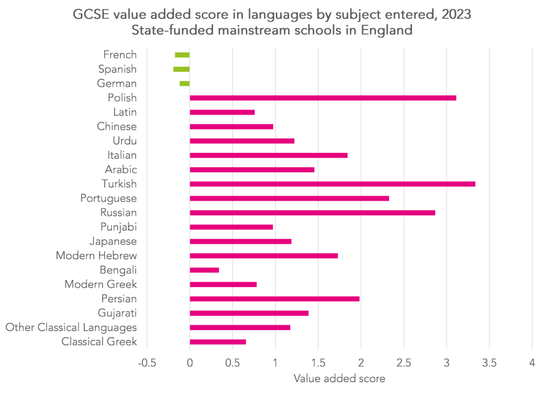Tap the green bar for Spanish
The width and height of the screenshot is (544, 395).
(182, 69)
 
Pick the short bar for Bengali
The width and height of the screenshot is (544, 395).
(204, 270)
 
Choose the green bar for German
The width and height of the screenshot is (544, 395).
(185, 83)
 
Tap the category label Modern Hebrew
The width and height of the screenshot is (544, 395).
(96, 256)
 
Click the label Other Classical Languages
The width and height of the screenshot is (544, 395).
(71, 327)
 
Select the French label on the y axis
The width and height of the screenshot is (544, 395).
(120, 55)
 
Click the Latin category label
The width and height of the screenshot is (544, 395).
(125, 112)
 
